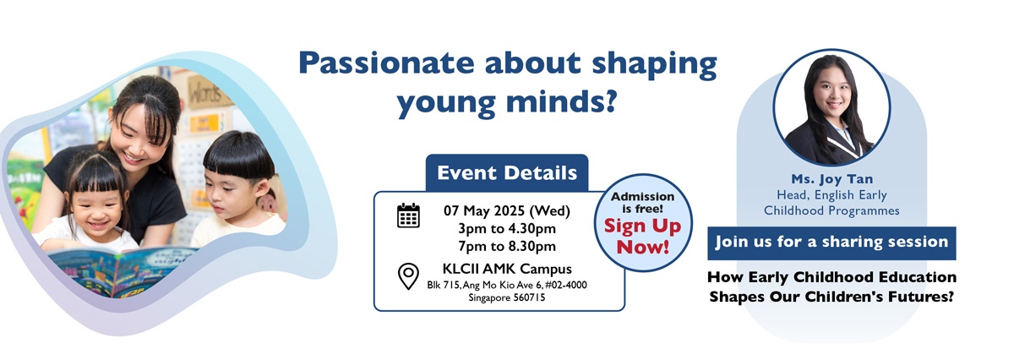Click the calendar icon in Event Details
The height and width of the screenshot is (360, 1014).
[408, 215]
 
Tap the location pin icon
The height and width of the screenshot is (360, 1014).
[408, 276]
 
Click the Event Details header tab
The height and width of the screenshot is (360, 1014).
[507, 172]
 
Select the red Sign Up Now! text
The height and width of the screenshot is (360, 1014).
[643, 237]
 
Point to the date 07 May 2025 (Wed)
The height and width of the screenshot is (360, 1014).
[507, 210]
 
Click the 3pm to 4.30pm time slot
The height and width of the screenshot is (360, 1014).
[507, 228]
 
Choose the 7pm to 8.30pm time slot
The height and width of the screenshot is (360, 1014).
[507, 246]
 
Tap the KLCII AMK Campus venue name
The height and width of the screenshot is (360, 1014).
[507, 269]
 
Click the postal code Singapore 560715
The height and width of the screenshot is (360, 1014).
[507, 297]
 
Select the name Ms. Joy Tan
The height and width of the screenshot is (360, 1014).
[832, 179]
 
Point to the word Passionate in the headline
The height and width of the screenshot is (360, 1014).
[386, 63]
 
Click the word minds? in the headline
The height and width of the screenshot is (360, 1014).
[562, 101]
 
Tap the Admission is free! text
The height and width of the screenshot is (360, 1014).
[643, 203]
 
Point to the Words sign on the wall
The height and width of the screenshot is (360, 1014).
[206, 93]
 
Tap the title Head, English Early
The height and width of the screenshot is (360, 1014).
[832, 194]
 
